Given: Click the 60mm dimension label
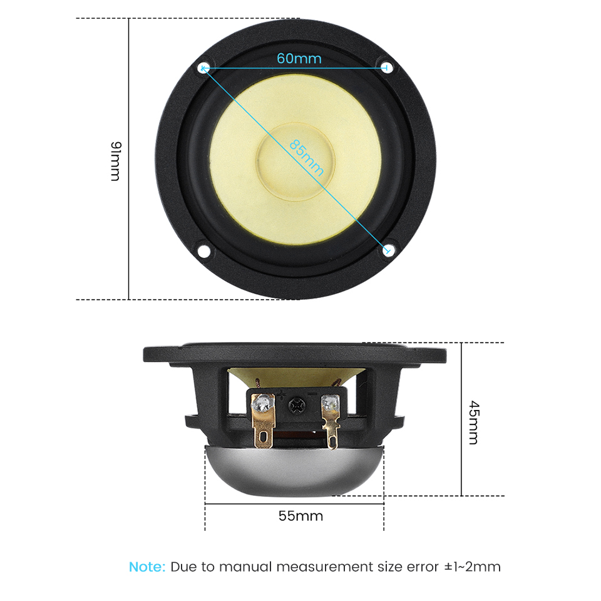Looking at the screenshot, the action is pyautogui.click(x=299, y=58).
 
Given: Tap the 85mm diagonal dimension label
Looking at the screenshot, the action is pyautogui.click(x=306, y=157).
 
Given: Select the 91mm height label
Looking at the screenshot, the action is pyautogui.click(x=115, y=161).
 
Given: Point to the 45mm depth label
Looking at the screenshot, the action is pyautogui.click(x=474, y=423).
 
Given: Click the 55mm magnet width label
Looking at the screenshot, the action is pyautogui.click(x=301, y=516).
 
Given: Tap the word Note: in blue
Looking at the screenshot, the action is pyautogui.click(x=147, y=567).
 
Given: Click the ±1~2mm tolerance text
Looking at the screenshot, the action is pyautogui.click(x=472, y=567).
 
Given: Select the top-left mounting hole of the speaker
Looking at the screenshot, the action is pyautogui.click(x=203, y=68).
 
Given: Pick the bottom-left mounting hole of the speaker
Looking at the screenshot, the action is pyautogui.click(x=203, y=251).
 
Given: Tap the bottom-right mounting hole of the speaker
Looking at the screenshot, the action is pyautogui.click(x=388, y=250).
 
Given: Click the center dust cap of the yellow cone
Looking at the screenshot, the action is pyautogui.click(x=295, y=162).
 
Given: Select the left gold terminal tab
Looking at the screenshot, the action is pyautogui.click(x=263, y=421).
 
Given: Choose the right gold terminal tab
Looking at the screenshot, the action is pyautogui.click(x=331, y=421).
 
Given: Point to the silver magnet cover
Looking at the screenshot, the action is pyautogui.click(x=294, y=471).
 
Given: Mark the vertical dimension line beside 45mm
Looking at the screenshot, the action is pyautogui.click(x=461, y=419).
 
